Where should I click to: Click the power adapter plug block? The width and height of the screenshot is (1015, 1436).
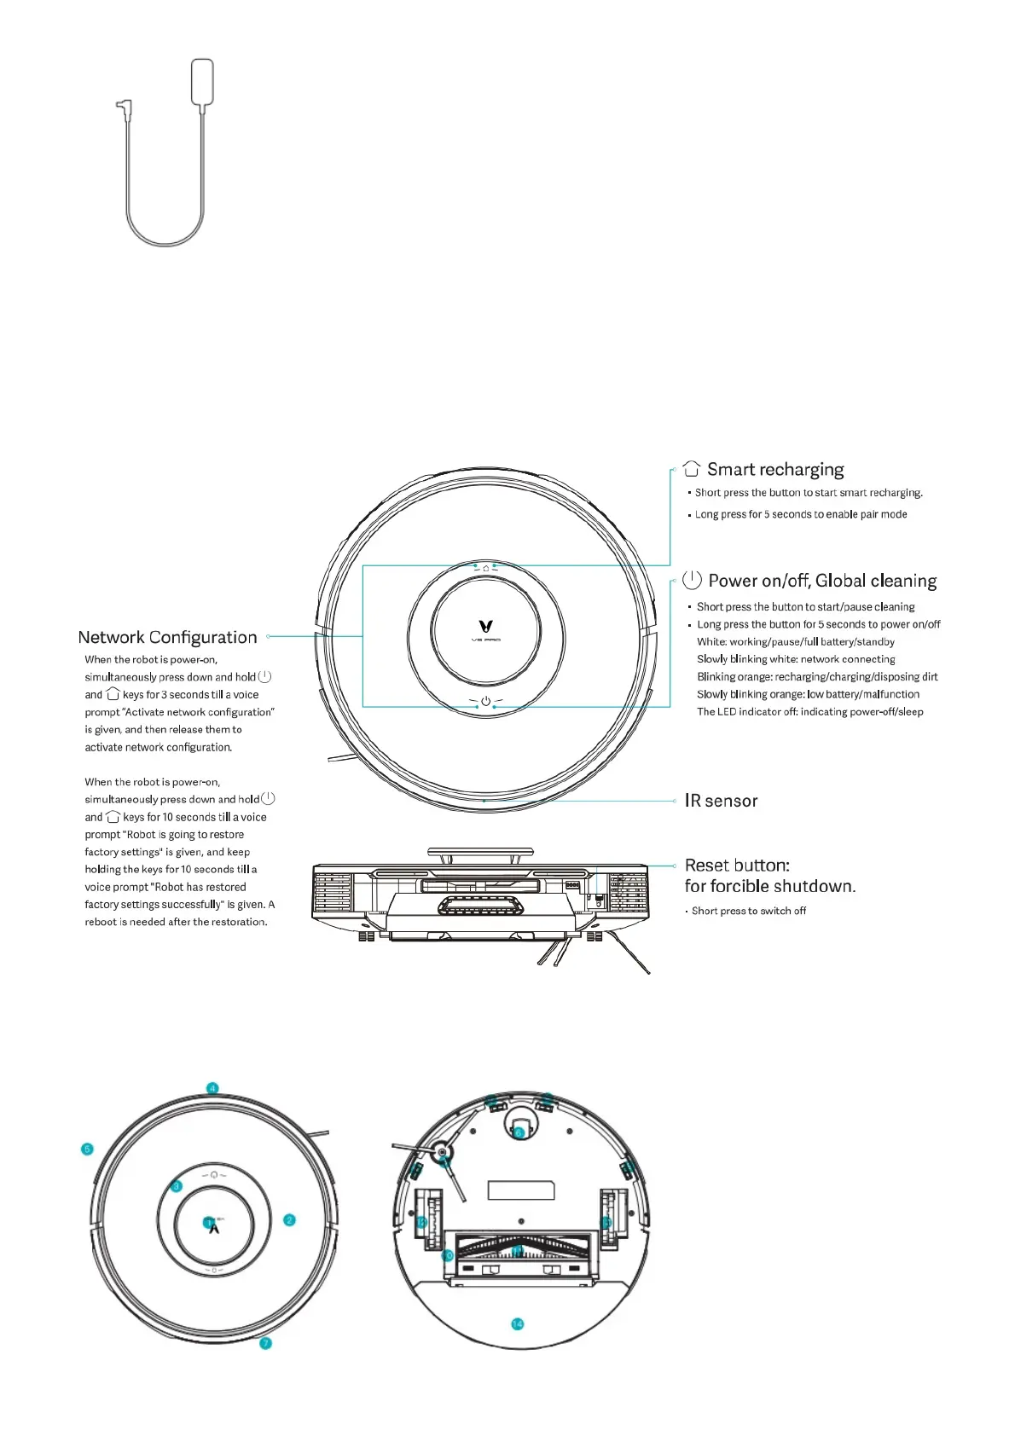(x=202, y=82)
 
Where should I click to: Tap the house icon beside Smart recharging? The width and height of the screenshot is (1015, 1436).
(x=692, y=469)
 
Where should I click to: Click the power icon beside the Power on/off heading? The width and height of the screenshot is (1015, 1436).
(x=693, y=581)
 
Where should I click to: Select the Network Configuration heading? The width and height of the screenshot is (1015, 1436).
(x=167, y=638)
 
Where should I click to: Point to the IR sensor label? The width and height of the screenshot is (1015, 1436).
(x=721, y=801)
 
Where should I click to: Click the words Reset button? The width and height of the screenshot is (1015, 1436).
(x=737, y=866)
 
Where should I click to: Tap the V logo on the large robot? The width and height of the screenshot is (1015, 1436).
(x=486, y=627)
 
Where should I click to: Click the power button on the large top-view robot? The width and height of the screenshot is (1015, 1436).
(x=486, y=701)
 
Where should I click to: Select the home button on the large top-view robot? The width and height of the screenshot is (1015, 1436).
(x=486, y=567)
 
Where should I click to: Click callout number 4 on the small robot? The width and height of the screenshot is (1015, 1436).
(x=212, y=1088)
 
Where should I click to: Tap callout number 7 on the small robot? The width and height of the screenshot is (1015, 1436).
(x=265, y=1343)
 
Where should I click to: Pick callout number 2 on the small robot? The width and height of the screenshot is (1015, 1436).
(x=289, y=1220)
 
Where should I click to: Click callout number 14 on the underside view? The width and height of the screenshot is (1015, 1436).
(x=518, y=1323)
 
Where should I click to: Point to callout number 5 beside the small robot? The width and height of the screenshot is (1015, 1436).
(x=87, y=1149)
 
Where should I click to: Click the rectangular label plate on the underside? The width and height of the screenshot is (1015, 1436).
(x=521, y=1190)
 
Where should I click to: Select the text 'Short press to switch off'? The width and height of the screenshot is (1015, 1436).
(x=749, y=911)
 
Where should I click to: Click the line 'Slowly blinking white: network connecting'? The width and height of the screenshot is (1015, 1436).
(x=796, y=659)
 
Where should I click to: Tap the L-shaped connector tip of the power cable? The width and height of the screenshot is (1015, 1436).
(x=122, y=107)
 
